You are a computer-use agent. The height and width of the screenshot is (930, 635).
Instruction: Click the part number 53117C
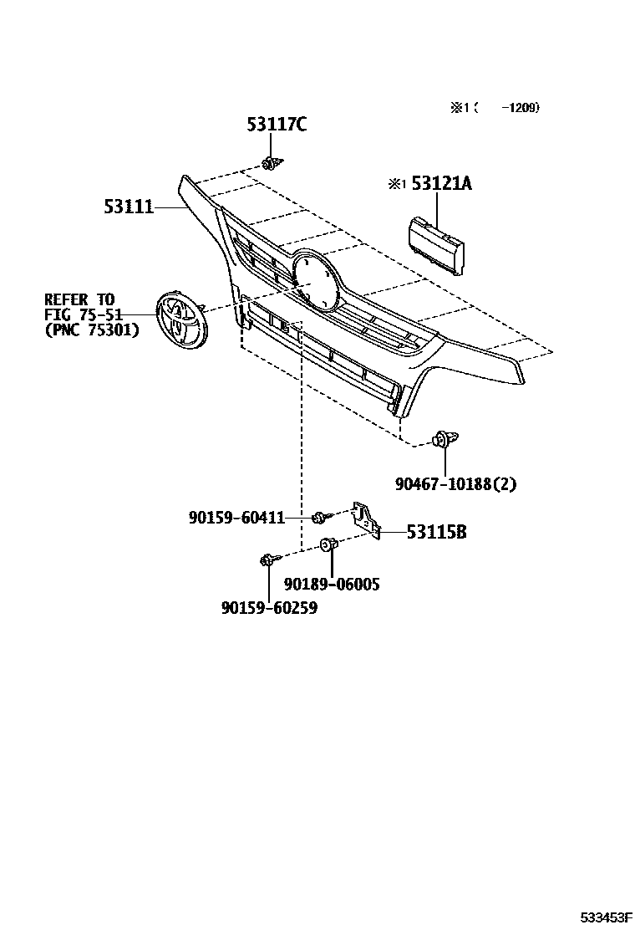click(x=276, y=125)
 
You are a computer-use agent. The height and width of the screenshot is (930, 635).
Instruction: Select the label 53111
click(x=129, y=206)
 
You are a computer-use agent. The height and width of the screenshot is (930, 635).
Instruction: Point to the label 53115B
click(x=436, y=531)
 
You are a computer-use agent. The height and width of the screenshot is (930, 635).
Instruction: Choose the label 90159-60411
click(x=236, y=519)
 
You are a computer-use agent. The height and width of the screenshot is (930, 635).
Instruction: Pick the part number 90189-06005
click(x=331, y=584)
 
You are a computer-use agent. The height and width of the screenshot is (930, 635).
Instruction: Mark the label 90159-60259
click(x=269, y=608)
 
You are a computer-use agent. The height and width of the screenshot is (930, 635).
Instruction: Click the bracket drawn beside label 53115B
click(x=366, y=519)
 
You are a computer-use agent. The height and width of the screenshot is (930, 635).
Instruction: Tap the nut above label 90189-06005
click(x=329, y=545)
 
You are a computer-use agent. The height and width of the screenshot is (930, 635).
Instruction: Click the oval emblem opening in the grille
click(x=313, y=279)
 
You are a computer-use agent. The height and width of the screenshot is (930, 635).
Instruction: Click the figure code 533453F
click(x=607, y=917)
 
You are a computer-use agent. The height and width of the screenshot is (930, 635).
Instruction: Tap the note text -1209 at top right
click(x=523, y=107)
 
